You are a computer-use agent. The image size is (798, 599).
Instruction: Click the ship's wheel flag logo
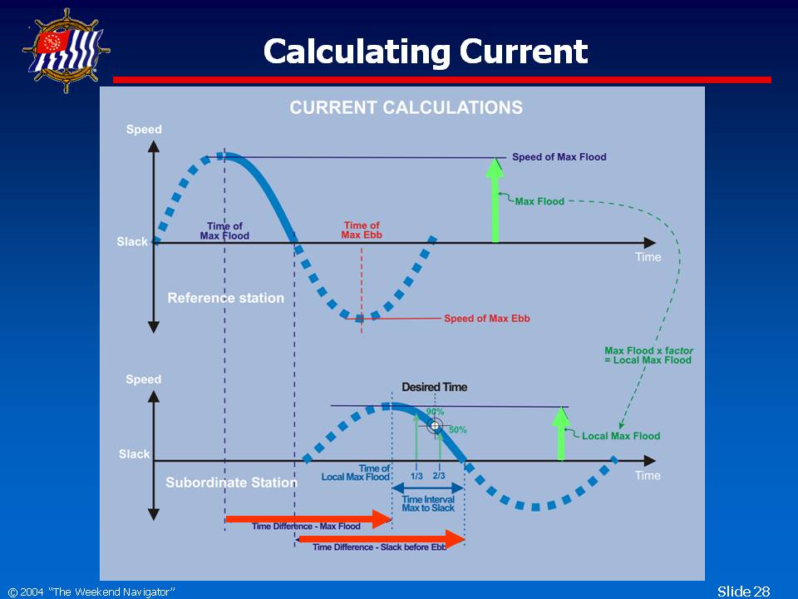[66, 51]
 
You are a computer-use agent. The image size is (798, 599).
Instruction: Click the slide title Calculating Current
[426, 52]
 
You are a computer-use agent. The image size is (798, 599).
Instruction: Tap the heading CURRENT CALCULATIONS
[406, 107]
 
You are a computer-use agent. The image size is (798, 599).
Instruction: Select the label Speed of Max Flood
[559, 157]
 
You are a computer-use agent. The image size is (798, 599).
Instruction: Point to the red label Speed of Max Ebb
[487, 319]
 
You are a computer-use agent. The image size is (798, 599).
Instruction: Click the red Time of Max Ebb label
[362, 230]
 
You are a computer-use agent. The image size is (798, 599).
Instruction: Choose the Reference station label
[226, 298]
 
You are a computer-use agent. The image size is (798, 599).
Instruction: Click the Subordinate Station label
[232, 483]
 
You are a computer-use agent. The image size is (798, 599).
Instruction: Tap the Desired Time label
[435, 387]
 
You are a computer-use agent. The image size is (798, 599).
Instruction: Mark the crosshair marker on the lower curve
[435, 426]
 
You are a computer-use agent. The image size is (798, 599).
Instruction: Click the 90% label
[435, 412]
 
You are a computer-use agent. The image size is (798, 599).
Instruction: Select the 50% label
[457, 430]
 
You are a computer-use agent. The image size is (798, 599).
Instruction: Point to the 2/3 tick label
[439, 476]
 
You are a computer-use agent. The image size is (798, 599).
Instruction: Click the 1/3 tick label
[416, 476]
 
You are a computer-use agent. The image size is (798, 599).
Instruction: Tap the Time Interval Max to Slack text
[428, 504]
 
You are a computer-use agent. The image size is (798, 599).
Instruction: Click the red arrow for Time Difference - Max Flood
[308, 519]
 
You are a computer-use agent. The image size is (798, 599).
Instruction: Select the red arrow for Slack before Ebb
[382, 539]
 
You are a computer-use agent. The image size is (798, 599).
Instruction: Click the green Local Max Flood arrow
[561, 433]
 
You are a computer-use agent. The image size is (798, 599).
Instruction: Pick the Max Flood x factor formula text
[648, 355]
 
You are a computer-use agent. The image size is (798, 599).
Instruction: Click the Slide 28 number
[743, 592]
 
